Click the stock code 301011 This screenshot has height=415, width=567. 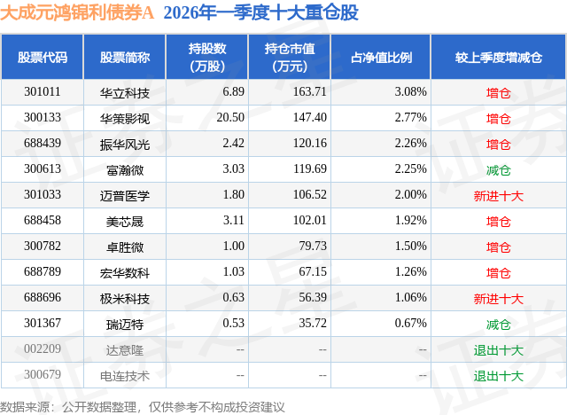point(43,92)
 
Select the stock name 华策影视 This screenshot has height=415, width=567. point(125,118)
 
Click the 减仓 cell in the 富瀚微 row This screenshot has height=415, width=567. point(499,169)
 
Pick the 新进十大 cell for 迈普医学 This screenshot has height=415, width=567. point(499,195)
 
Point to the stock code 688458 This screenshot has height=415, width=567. point(43,221)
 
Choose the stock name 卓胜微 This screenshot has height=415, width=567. point(125,247)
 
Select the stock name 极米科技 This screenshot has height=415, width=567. point(125,298)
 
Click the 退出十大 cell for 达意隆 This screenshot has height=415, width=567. point(499,349)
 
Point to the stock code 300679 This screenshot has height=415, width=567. point(43,375)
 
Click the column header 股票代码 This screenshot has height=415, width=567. point(43,57)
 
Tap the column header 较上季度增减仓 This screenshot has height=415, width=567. point(499,57)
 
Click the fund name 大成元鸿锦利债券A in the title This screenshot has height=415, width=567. point(80,13)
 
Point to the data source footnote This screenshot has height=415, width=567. point(143,406)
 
